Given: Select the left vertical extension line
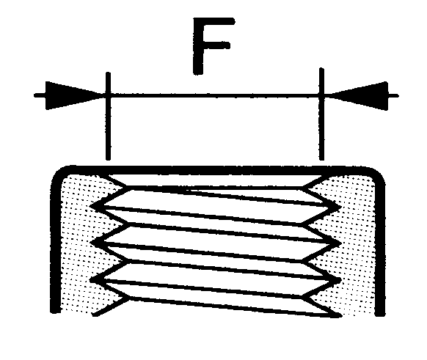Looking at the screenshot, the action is [108, 116].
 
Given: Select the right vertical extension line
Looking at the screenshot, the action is [321, 114].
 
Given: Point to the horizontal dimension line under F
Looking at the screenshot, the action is [215, 95].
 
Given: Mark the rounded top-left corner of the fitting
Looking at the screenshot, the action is [59, 175].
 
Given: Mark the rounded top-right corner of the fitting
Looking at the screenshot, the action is [378, 175].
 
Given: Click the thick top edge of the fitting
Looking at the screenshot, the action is [218, 170].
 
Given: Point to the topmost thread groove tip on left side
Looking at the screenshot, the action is [91, 205].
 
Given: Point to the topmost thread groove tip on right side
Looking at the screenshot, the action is [340, 206].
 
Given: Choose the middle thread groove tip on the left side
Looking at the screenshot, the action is [91, 242].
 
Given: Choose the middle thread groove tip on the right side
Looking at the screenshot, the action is [340, 242].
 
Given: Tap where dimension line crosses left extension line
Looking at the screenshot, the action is [108, 95].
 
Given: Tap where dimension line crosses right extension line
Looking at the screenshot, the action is [321, 95].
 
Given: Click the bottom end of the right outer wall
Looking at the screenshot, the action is [380, 315].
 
